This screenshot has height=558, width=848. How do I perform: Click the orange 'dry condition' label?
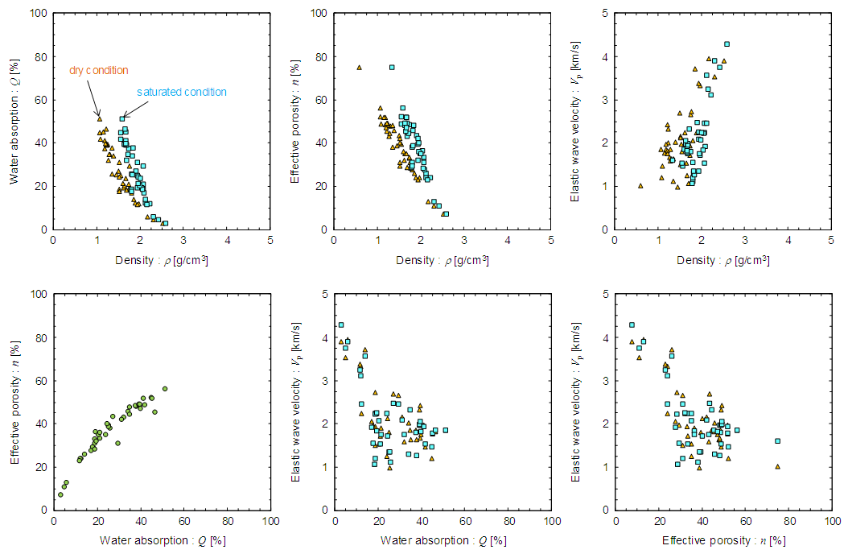pyautogui.click(x=98, y=70)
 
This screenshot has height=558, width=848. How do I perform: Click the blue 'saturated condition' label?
pyautogui.click(x=182, y=92)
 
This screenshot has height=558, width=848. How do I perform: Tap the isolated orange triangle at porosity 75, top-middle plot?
pyautogui.click(x=359, y=68)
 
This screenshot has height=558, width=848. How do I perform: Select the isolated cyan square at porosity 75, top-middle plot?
pyautogui.click(x=392, y=68)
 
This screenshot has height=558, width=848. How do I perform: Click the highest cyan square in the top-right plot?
pyautogui.click(x=727, y=44)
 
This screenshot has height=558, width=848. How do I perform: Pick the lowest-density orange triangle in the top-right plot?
pyautogui.click(x=640, y=185)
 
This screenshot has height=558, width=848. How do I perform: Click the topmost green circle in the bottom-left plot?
pyautogui.click(x=165, y=389)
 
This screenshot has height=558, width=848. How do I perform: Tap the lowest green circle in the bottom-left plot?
pyautogui.click(x=60, y=494)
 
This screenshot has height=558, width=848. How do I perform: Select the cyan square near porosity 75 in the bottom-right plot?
pyautogui.click(x=777, y=440)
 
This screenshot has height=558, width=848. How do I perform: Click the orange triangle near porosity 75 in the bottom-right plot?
pyautogui.click(x=777, y=466)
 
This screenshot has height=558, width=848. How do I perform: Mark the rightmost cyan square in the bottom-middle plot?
pyautogui.click(x=445, y=430)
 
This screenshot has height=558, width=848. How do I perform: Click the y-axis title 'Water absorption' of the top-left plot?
pyautogui.click(x=15, y=121)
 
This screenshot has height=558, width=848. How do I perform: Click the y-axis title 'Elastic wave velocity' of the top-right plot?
pyautogui.click(x=576, y=121)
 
